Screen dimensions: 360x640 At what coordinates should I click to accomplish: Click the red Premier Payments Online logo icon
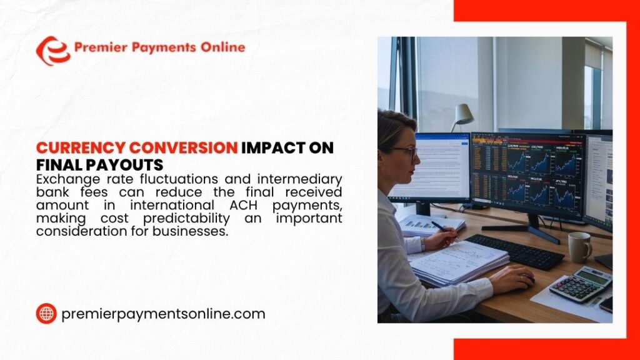(x=52, y=51)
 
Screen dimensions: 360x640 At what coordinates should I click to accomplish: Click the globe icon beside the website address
(x=46, y=314)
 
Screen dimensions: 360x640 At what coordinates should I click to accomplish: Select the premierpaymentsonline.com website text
(x=163, y=314)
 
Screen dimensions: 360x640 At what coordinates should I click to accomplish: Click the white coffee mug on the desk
(x=579, y=247)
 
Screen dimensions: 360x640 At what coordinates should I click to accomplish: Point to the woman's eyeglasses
(x=406, y=151)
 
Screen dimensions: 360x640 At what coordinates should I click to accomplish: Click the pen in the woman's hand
(x=439, y=226)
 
